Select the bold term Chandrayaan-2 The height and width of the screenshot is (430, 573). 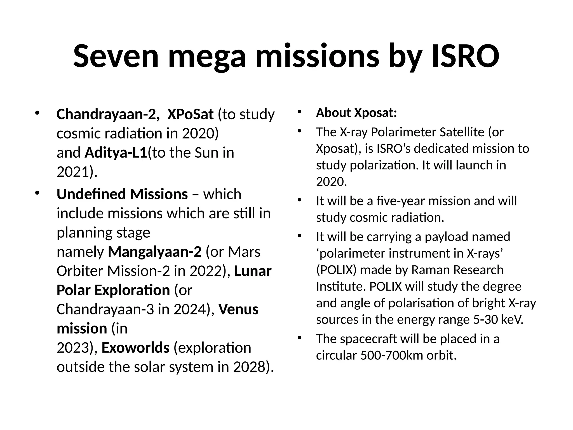(x=106, y=114)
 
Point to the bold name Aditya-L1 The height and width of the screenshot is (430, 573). (x=116, y=153)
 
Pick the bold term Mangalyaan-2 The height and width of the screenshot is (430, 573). (x=155, y=252)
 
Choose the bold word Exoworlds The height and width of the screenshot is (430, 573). (x=135, y=348)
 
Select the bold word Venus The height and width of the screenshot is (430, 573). (x=238, y=309)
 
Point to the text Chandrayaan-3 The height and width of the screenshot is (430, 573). (x=105, y=309)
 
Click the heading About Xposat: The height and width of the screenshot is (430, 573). (x=356, y=113)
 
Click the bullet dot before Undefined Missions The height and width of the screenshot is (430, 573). (x=37, y=193)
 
